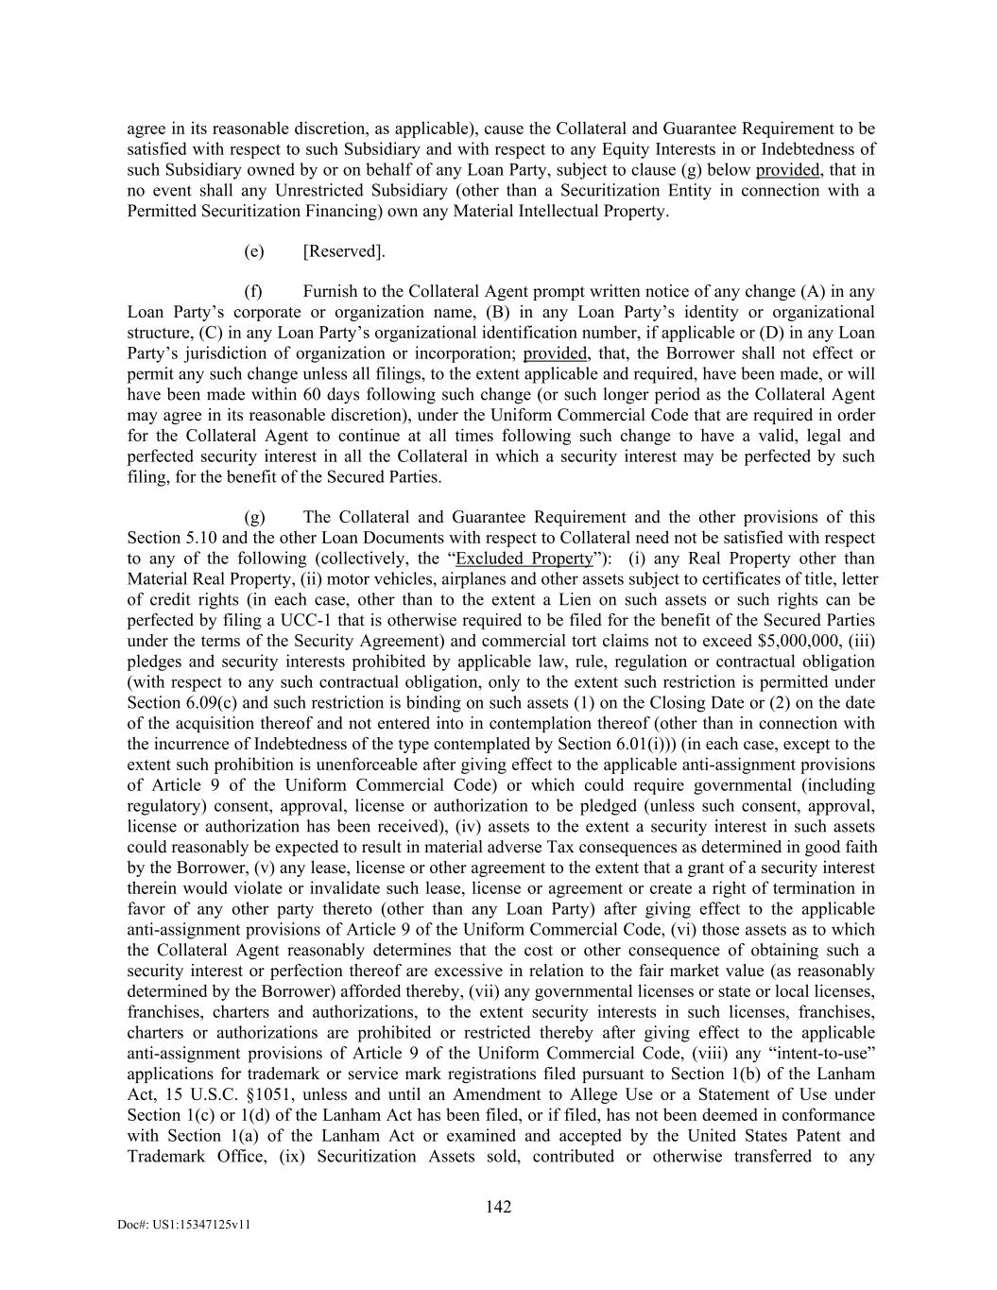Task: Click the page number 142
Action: (x=498, y=1206)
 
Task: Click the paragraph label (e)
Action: (x=253, y=250)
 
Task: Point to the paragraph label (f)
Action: (x=253, y=291)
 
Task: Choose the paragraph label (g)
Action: (x=254, y=517)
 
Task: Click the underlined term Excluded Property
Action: (x=524, y=559)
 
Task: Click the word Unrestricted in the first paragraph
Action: (x=318, y=190)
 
